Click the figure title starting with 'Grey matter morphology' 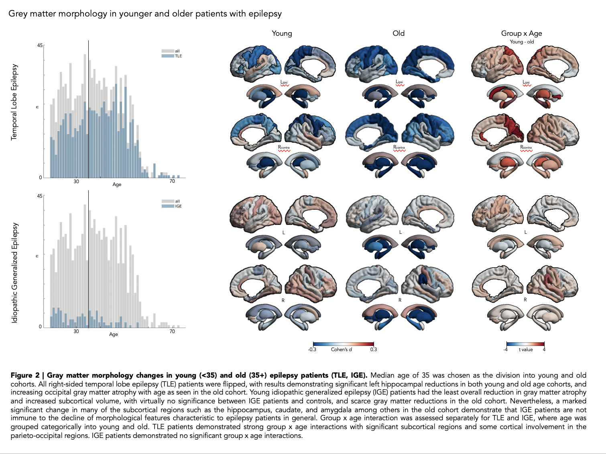[145, 14]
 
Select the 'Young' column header [282, 33]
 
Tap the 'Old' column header [399, 33]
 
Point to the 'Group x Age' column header [521, 33]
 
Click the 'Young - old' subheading [522, 42]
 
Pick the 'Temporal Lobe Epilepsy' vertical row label [14, 102]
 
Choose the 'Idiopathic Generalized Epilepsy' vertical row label [15, 273]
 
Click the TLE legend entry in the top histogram [178, 56]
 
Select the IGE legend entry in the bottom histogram [178, 206]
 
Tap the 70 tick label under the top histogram [172, 181]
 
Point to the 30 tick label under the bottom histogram [76, 331]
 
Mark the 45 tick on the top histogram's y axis [40, 45]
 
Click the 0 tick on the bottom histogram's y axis [40, 327]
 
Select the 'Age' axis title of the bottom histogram [114, 334]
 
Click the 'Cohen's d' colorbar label [341, 350]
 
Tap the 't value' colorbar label [526, 350]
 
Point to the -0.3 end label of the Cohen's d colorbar [312, 350]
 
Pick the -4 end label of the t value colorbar [506, 350]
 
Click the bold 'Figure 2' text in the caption [25, 375]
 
